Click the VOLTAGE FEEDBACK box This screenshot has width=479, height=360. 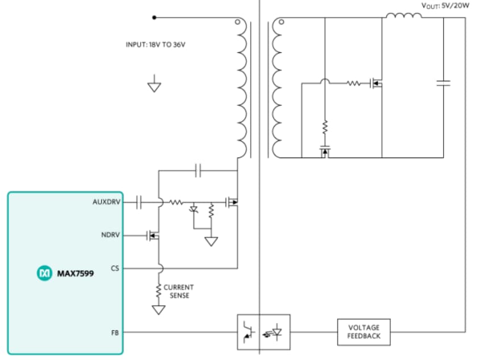(364, 332)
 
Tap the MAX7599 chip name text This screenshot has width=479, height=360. (75, 274)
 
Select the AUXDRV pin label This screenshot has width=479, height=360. (106, 202)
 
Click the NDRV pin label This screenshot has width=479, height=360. (111, 235)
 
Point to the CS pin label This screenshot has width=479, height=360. (115, 268)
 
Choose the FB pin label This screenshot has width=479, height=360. (115, 332)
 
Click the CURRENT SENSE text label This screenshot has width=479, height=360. (179, 292)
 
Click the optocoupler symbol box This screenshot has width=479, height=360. (263, 332)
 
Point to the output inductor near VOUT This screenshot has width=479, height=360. (404, 15)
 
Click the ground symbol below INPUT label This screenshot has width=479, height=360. (154, 86)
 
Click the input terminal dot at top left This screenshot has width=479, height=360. (154, 18)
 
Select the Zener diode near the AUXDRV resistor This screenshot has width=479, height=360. (193, 209)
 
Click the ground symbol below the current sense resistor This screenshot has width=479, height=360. (159, 310)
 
